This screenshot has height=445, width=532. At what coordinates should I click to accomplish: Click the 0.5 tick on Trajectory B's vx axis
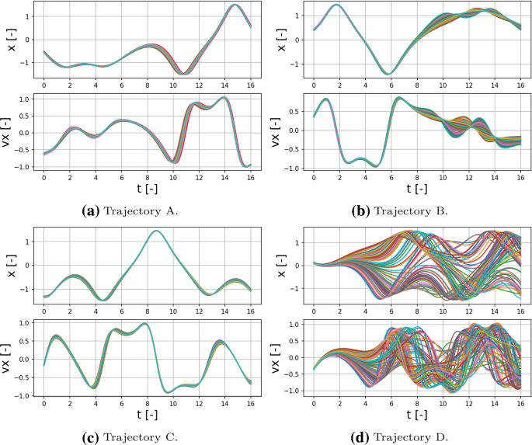pyautogui.click(x=297, y=111)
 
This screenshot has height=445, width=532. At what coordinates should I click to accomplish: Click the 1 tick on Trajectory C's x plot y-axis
pyautogui.click(x=30, y=242)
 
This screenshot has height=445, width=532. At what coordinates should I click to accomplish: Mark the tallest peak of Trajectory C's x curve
pyautogui.click(x=157, y=231)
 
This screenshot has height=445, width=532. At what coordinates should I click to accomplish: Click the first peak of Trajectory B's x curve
pyautogui.click(x=336, y=5)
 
